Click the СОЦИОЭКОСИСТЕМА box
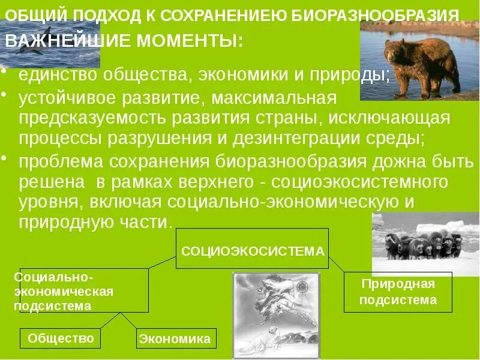coord(252,248)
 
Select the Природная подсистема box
coord(397,292)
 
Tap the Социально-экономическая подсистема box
coord(84,290)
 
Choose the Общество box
coord(61,338)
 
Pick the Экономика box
coord(175,339)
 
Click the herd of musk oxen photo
coord(425,244)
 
